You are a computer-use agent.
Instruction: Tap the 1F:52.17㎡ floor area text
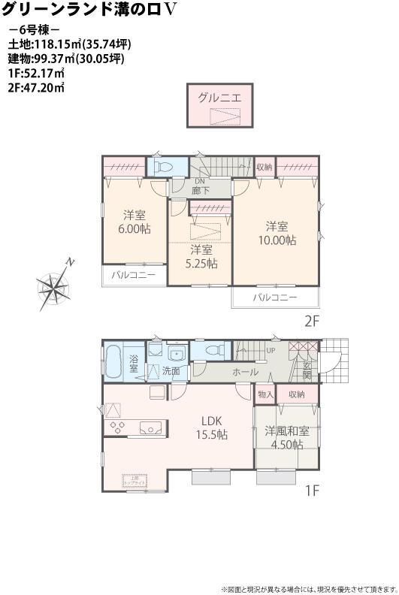tap(35, 73)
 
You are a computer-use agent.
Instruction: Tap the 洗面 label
tap(171, 370)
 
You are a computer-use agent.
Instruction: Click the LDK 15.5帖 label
tap(213, 427)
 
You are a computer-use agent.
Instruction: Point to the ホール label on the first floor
tap(245, 372)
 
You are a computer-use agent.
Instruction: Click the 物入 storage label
tap(266, 394)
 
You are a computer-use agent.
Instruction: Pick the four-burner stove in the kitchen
tap(119, 427)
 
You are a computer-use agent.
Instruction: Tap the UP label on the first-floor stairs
tap(271, 350)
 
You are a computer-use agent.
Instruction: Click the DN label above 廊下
tap(200, 182)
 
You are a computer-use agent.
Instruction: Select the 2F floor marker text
tap(312, 320)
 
